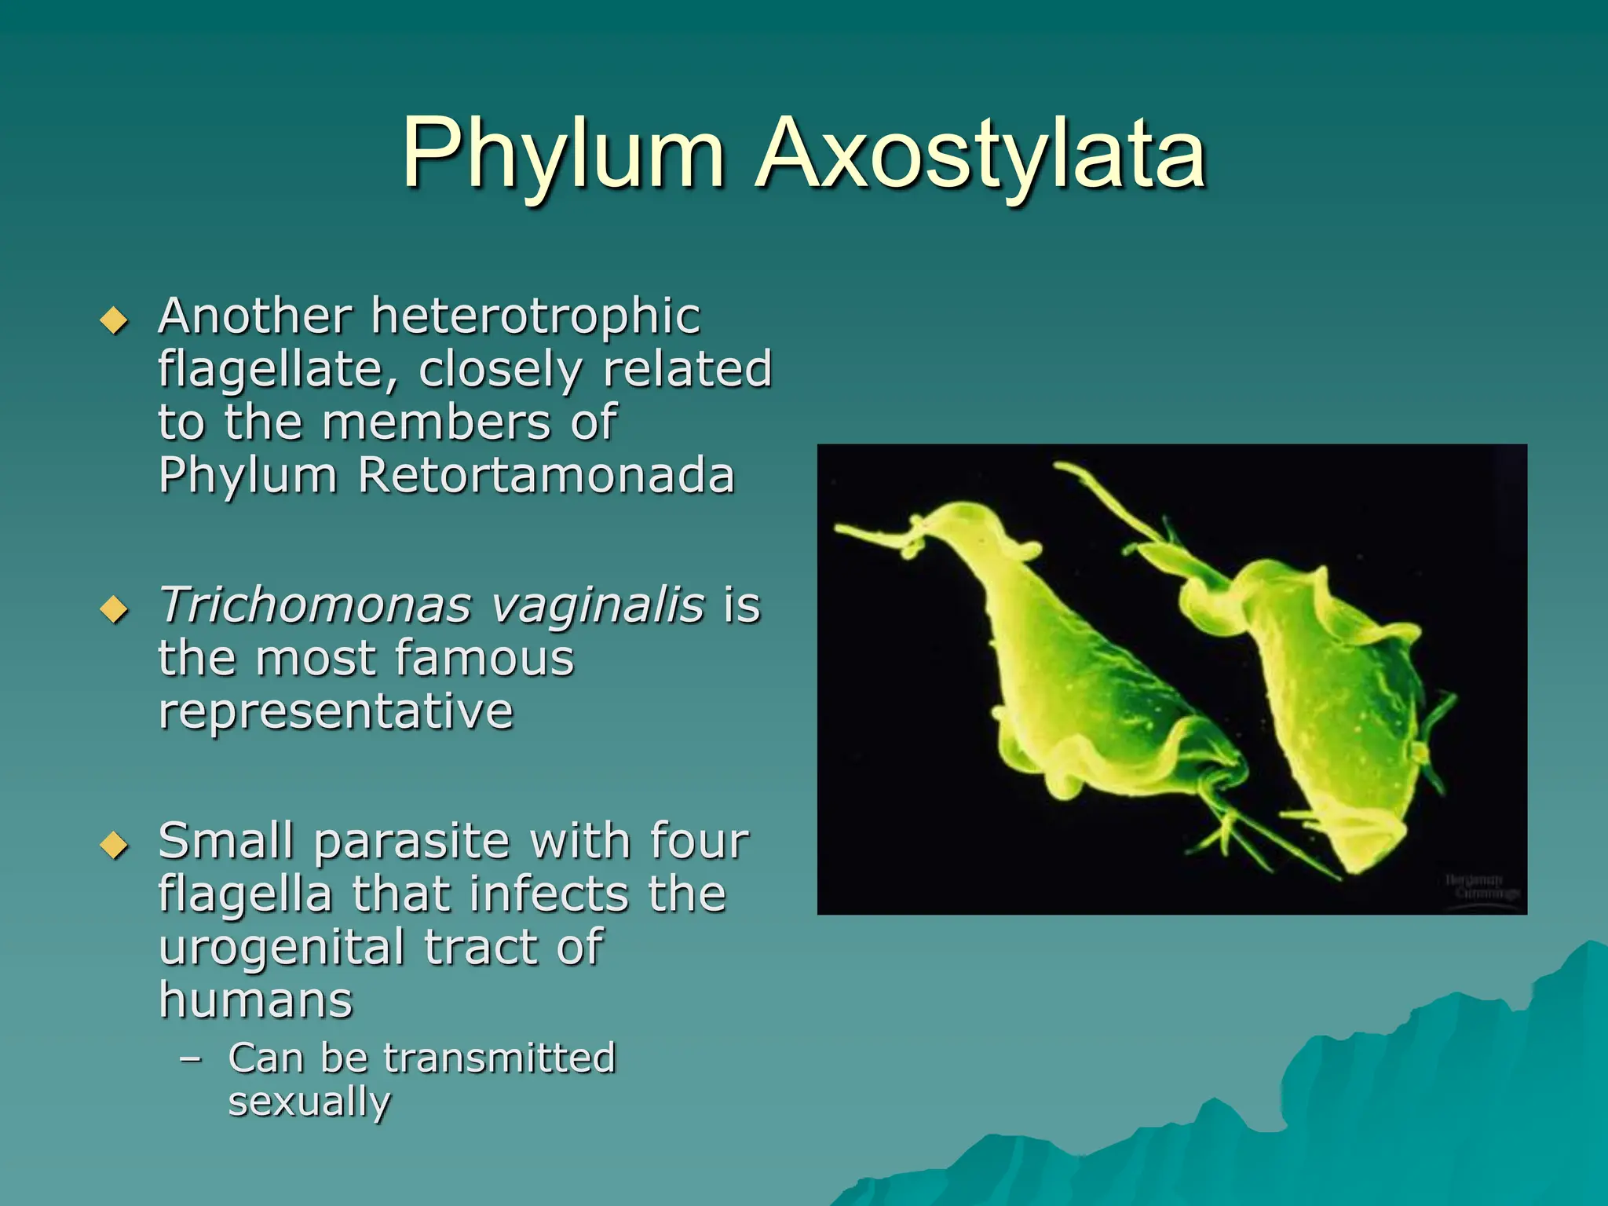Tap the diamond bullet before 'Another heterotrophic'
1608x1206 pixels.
point(115,320)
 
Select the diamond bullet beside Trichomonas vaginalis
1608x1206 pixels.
point(115,609)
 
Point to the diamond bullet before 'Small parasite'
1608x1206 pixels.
point(115,845)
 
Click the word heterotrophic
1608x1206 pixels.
point(535,316)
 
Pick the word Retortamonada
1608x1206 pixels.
point(546,476)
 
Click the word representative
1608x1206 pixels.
point(336,711)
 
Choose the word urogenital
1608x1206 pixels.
point(282,947)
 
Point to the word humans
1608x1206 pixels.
point(256,1000)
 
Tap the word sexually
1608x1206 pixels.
point(309,1102)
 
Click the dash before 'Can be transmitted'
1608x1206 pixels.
point(190,1058)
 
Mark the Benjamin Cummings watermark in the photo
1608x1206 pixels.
point(1482,887)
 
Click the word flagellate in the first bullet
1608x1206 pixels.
point(278,370)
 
